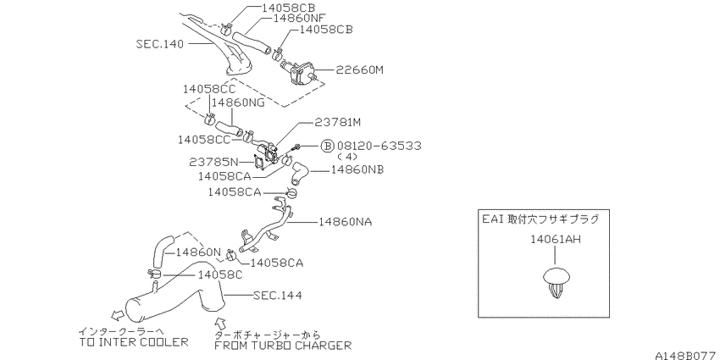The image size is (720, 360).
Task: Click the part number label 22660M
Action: [x=359, y=70]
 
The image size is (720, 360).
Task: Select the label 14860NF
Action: [x=299, y=18]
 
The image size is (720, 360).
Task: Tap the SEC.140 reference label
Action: [x=160, y=44]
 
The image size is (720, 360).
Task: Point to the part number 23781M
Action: [x=338, y=123]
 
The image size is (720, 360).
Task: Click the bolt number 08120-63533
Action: [x=379, y=146]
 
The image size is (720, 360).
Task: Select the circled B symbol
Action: [x=326, y=146]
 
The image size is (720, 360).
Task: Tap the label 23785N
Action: [x=213, y=162]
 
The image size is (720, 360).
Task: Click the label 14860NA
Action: [x=346, y=222]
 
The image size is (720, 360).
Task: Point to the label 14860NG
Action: [x=238, y=102]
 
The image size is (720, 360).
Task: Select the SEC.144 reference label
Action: [x=278, y=296]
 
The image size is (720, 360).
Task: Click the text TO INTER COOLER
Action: [x=134, y=341]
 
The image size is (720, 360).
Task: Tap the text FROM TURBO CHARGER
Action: [x=283, y=345]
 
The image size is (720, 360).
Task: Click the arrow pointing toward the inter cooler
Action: [x=118, y=314]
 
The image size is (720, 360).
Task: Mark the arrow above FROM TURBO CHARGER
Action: [x=221, y=321]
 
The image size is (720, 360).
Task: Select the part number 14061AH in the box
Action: [x=556, y=239]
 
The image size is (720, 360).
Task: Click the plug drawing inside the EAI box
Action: [x=556, y=281]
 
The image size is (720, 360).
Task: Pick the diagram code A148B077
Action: [x=686, y=355]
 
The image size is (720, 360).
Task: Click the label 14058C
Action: [x=220, y=274]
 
